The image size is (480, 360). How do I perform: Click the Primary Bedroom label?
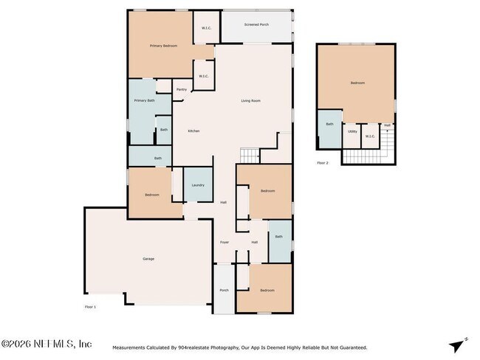(x=163, y=46)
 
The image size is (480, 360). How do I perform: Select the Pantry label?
(x=181, y=89)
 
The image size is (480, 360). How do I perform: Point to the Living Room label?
(x=250, y=101)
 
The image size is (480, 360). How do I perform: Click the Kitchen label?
(x=193, y=131)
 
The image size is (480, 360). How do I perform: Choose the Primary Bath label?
(x=144, y=100)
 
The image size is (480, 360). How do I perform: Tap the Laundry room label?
(x=198, y=185)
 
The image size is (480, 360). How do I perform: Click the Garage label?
(x=148, y=259)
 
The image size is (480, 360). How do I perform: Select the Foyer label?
(x=224, y=242)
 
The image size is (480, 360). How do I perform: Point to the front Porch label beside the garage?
(x=224, y=290)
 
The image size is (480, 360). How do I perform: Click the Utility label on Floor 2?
(x=352, y=132)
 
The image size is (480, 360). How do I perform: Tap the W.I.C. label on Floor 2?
(x=370, y=136)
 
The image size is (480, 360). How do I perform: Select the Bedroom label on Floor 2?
(x=357, y=83)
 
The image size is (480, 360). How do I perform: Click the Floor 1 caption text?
(x=90, y=305)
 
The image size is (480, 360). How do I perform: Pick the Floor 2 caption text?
(x=322, y=162)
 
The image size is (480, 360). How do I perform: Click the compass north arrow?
(x=458, y=345)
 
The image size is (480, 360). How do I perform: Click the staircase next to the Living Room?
(x=250, y=155)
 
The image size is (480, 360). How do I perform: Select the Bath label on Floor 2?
(x=329, y=124)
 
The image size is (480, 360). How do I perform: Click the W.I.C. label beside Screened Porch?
(x=206, y=28)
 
